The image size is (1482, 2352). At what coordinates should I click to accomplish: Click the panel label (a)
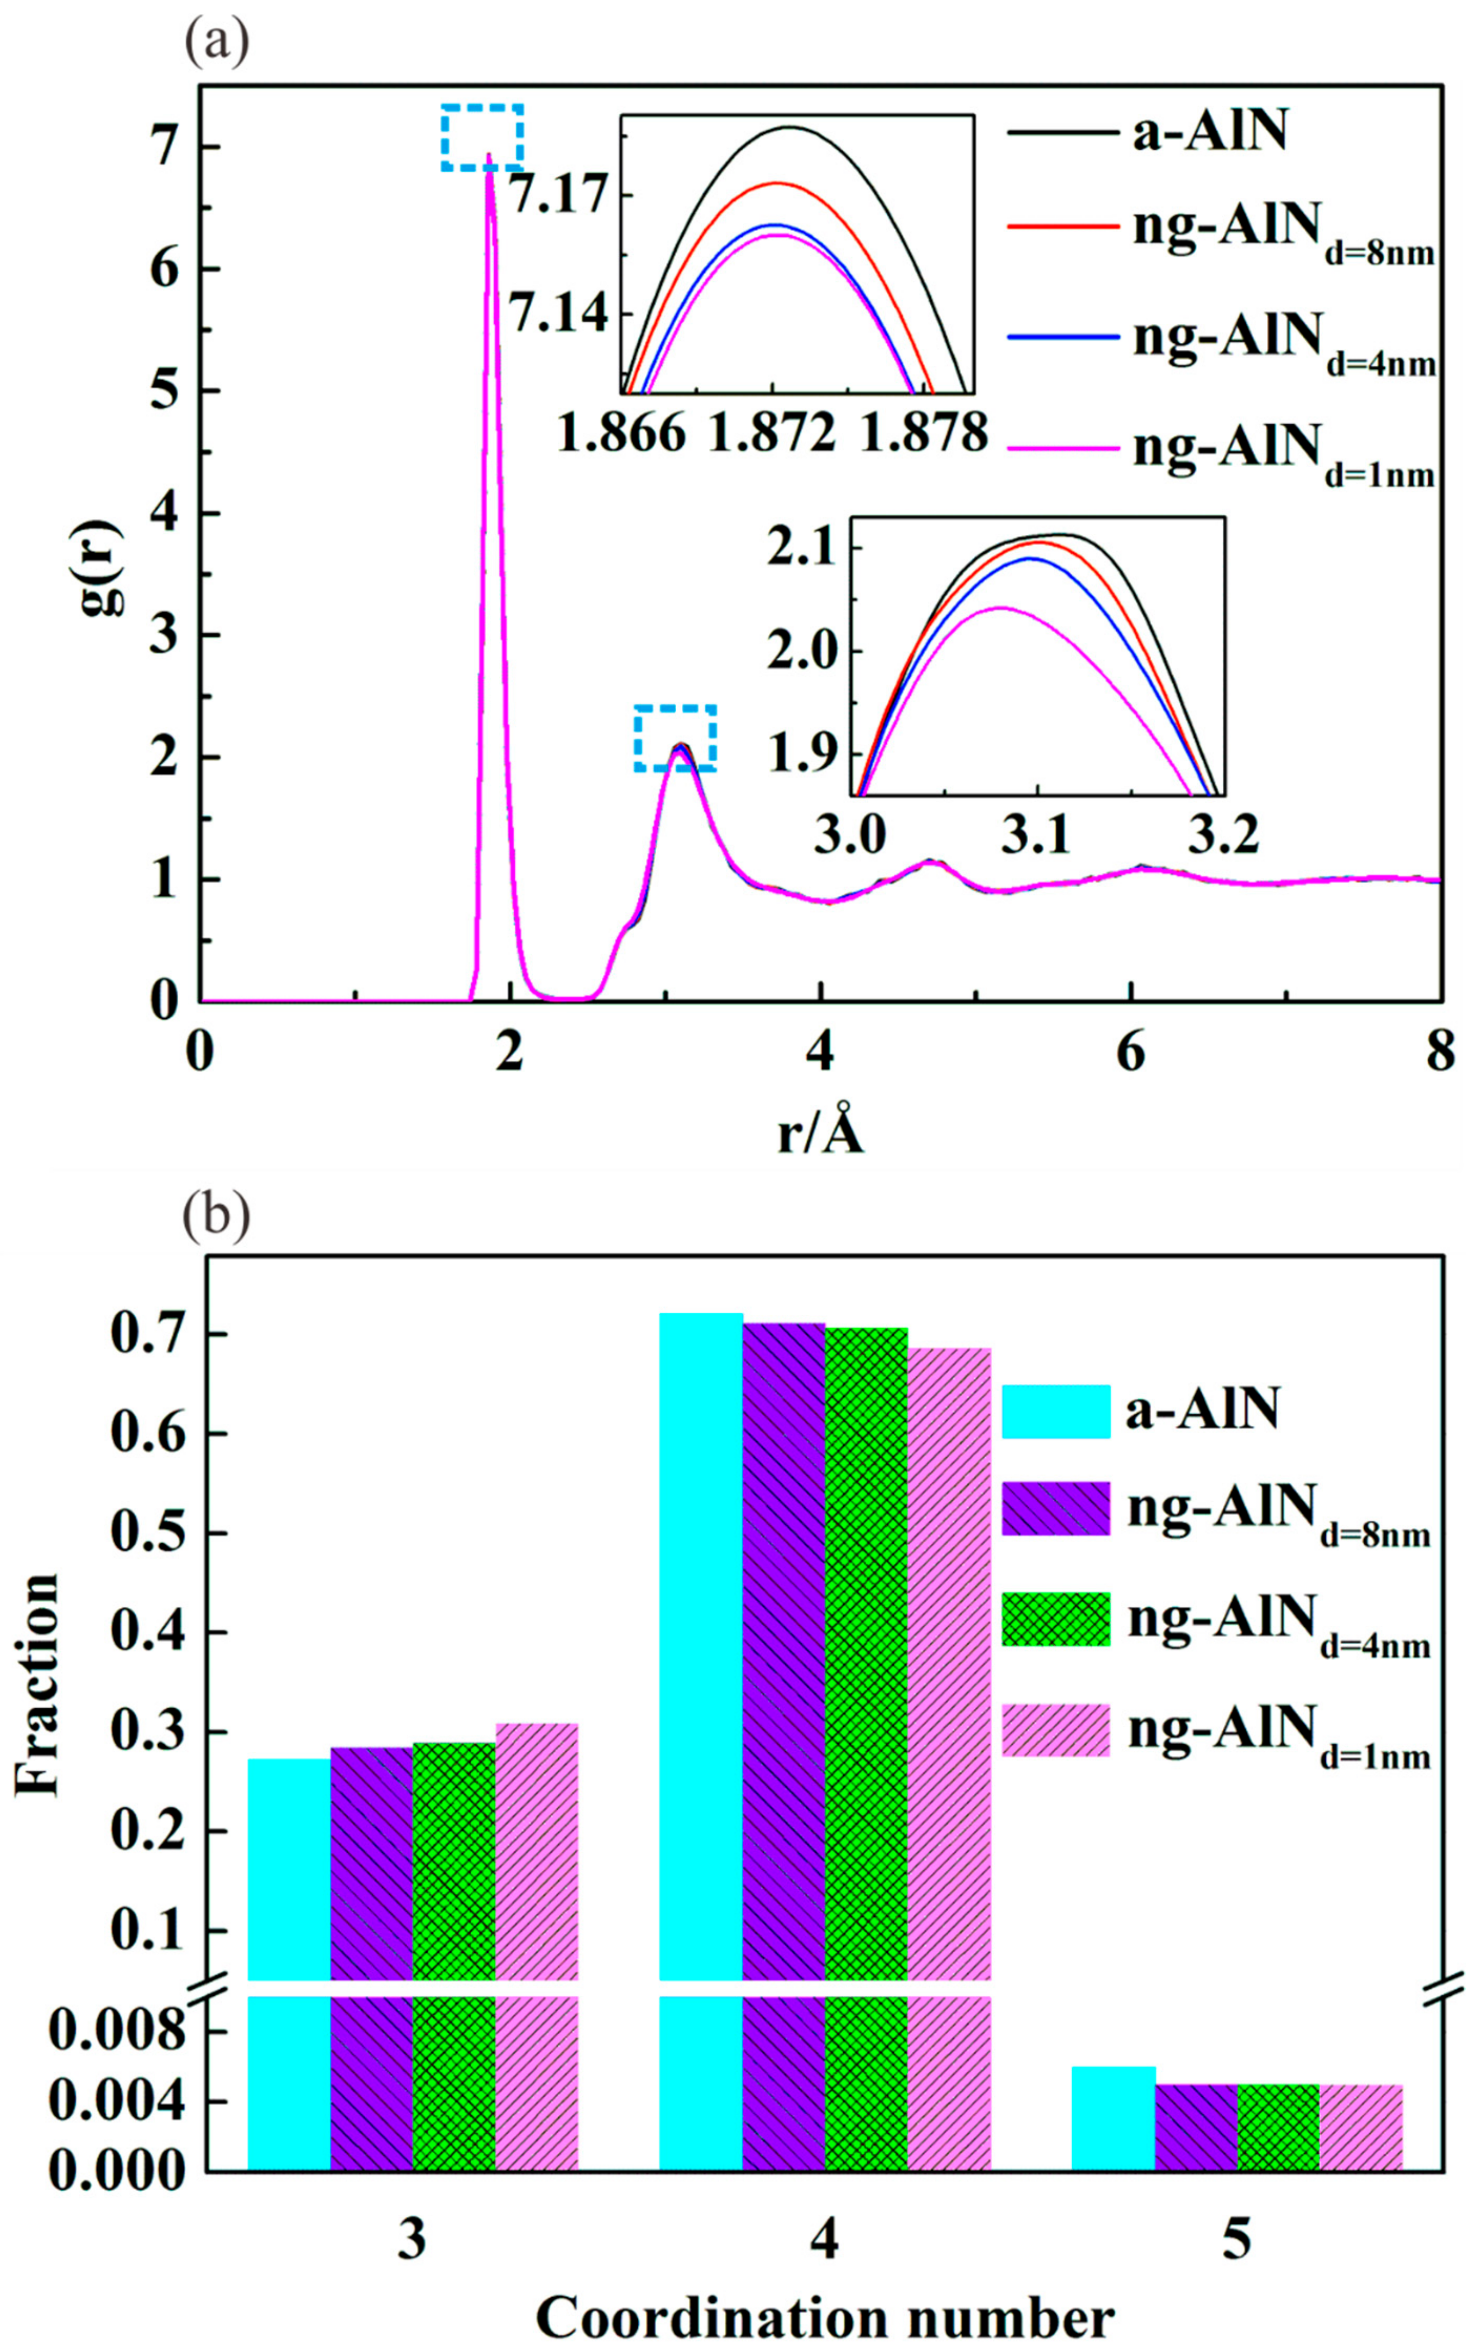[x=217, y=45]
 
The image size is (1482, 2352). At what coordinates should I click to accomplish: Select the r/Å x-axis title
[x=821, y=1134]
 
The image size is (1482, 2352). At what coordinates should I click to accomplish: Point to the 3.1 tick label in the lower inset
[x=1038, y=836]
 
